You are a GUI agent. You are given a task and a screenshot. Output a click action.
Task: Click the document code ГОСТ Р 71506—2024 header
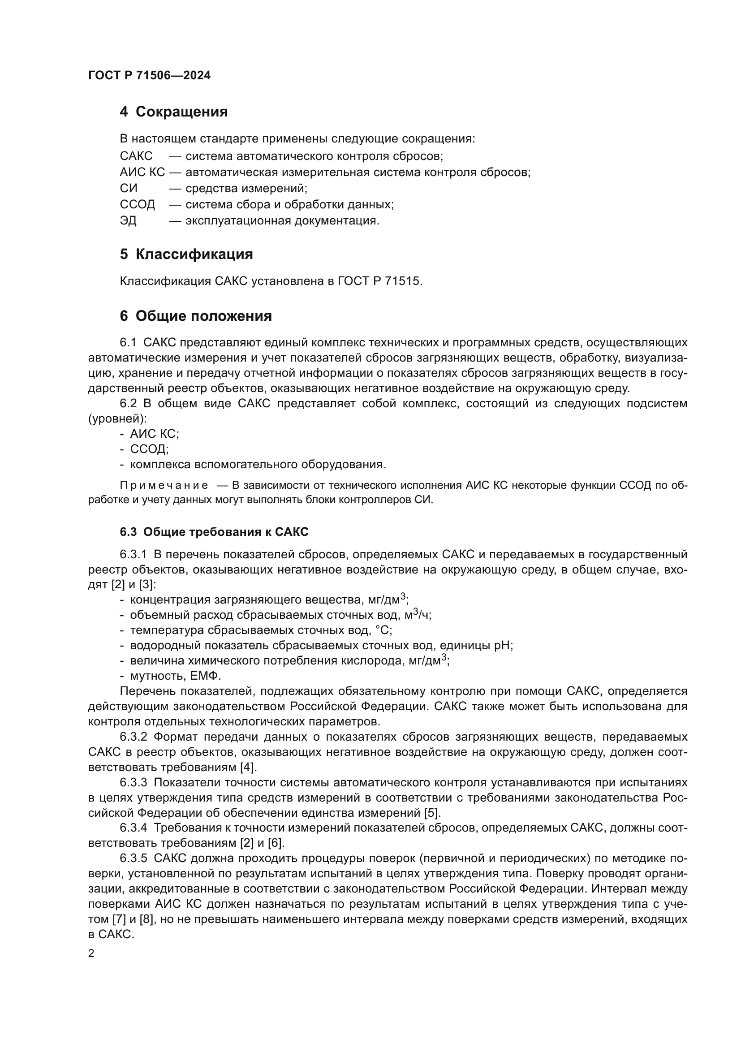point(149,76)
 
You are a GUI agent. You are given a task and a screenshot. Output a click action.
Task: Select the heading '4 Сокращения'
point(173,112)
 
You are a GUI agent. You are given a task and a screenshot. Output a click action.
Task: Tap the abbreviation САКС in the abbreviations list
point(136,156)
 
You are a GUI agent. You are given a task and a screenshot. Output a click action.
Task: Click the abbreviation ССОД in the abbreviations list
point(138,204)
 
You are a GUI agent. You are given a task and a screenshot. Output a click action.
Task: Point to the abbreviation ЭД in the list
point(128,221)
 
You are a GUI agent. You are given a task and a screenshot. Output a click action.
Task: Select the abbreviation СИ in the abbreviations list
point(128,189)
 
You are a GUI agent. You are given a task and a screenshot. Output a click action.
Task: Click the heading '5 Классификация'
point(186,254)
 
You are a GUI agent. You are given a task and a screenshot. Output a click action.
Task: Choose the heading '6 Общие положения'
point(196,316)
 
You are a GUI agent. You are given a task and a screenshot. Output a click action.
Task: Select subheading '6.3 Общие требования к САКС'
point(214,532)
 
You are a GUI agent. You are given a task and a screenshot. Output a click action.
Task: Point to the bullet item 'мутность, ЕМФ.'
point(176,676)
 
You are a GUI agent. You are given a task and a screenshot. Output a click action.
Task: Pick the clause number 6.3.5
point(133,858)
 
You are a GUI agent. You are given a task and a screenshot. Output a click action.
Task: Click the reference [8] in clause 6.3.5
point(146,919)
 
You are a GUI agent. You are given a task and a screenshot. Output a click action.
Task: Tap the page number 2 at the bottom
point(91,953)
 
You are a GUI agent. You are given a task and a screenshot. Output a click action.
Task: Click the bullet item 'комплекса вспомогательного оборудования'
point(258,465)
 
